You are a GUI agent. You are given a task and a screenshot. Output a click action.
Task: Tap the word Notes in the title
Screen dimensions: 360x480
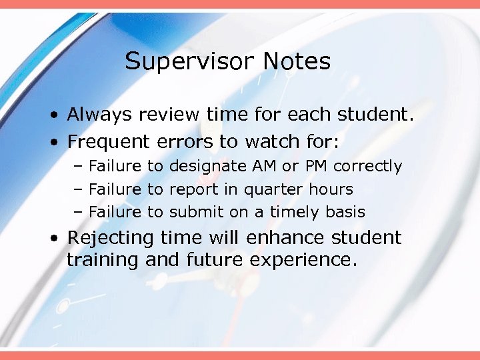coord(296,61)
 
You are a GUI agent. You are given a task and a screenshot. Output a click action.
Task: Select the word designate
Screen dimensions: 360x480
coord(207,166)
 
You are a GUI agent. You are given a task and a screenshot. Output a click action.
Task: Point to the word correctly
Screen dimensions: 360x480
coord(368,166)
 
